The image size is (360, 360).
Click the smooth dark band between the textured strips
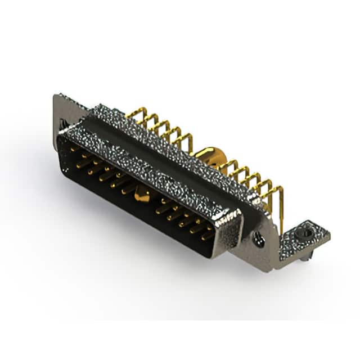[169, 163]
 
